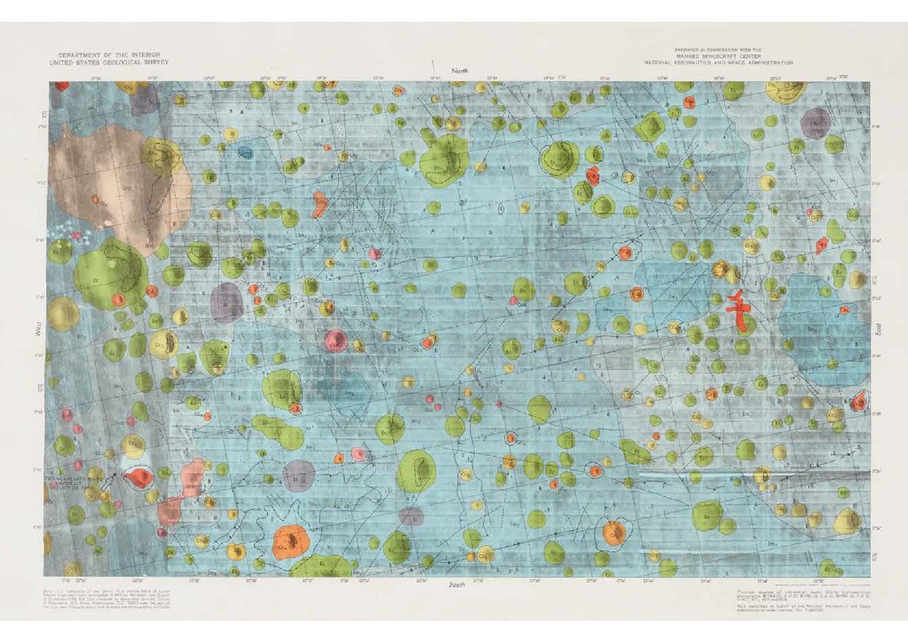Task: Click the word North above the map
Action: point(459,70)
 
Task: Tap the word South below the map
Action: point(457,585)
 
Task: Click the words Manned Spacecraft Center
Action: point(717,56)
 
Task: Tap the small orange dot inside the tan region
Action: point(95,198)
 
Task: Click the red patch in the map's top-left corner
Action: point(62,85)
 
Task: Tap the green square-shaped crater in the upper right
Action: point(650,127)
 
